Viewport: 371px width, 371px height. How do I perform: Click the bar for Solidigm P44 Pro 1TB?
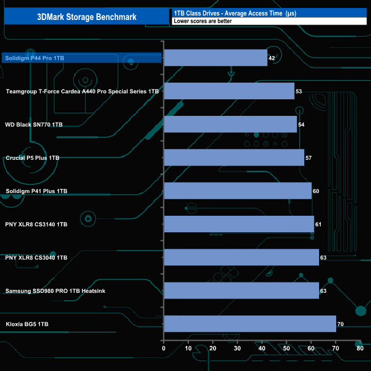click(215, 58)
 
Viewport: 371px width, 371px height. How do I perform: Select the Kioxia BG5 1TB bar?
click(249, 324)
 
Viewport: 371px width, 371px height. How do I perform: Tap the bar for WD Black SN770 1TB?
click(230, 124)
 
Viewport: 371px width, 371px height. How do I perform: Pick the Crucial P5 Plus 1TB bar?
click(234, 158)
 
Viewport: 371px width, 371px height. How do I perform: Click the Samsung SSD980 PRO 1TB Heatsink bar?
click(241, 291)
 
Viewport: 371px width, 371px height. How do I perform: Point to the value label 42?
click(272, 58)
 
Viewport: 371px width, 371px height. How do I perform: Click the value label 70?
click(340, 324)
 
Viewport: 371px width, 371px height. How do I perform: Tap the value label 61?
click(318, 224)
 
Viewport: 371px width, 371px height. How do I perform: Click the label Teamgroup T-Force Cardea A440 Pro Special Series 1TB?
click(82, 91)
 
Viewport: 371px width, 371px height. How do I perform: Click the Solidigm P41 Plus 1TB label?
click(37, 191)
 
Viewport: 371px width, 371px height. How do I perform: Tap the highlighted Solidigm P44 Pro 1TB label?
click(33, 58)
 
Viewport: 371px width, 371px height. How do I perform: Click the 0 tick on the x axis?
click(164, 348)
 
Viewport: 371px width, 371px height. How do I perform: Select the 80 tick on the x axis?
click(360, 348)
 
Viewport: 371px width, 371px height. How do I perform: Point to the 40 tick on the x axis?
click(261, 348)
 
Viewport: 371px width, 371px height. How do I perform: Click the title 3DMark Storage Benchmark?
click(87, 17)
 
